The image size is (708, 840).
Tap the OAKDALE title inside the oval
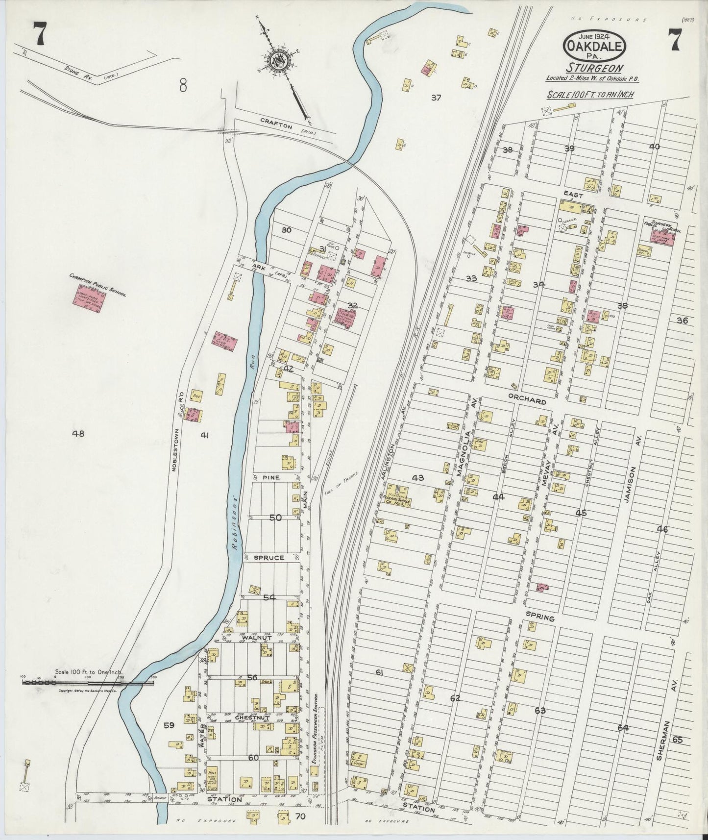point(595,47)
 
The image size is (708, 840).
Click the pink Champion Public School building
point(89,298)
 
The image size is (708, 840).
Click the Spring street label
point(540,618)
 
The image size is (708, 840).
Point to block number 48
point(78,433)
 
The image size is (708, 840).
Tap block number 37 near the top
point(436,98)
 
